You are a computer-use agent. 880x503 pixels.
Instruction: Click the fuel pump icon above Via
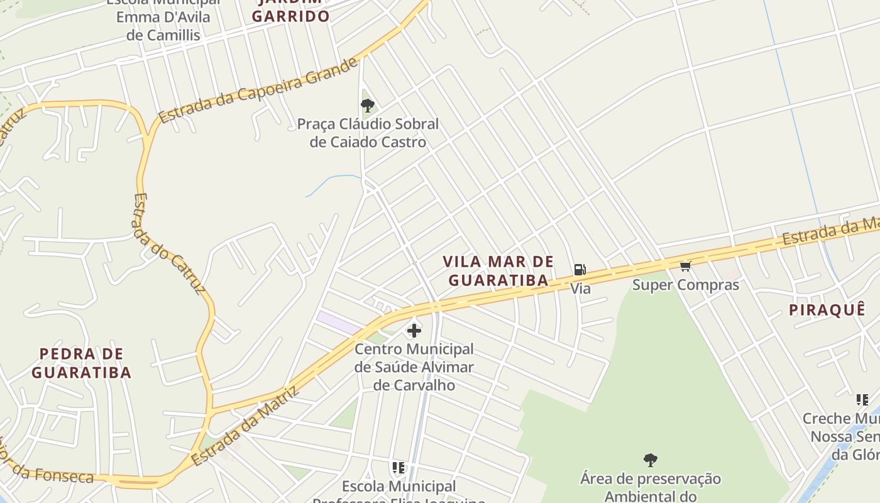(580, 270)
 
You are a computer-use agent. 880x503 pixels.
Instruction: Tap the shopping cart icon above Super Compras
(686, 267)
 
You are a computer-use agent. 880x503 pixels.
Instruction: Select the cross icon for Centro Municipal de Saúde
(414, 330)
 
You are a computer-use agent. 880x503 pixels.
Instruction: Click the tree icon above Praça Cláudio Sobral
(368, 106)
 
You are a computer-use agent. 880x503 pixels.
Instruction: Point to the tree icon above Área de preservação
(651, 460)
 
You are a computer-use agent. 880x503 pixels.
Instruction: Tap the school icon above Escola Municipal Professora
(398, 468)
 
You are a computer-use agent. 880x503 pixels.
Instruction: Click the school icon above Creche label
(862, 399)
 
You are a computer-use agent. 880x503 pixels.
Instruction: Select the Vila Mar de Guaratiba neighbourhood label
(498, 271)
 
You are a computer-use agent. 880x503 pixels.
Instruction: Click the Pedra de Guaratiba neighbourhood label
(81, 363)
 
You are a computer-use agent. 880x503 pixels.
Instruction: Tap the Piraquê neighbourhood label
(827, 310)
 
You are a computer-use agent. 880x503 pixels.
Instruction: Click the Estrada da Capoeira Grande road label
(258, 91)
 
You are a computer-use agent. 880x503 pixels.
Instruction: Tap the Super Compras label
(685, 285)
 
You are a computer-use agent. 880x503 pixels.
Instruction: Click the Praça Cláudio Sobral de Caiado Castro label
(368, 133)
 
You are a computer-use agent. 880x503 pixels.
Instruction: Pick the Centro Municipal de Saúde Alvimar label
(414, 367)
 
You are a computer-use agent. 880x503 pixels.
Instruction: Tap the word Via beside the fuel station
(580, 289)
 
